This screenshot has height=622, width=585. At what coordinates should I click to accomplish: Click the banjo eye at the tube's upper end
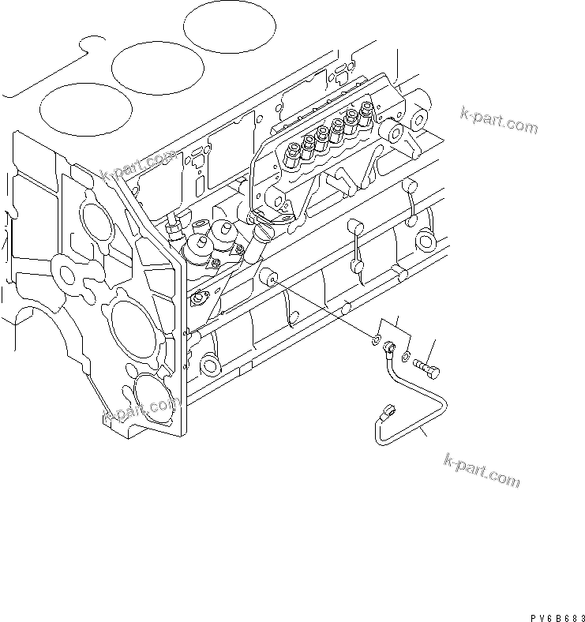click(x=388, y=347)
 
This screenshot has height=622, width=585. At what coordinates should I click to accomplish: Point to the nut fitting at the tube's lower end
click(x=386, y=412)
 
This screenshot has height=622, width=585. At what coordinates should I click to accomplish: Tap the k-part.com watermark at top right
click(x=499, y=122)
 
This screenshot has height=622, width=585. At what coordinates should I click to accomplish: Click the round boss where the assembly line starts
click(x=271, y=278)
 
